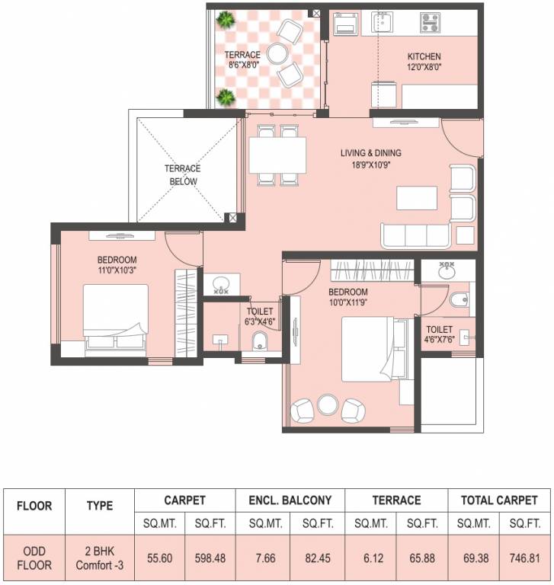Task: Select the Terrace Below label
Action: pos(182,175)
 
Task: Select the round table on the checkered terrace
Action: pos(277,53)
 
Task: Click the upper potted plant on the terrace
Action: pos(225,19)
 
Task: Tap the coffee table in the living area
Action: pos(416,197)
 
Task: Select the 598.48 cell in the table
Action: pos(210,557)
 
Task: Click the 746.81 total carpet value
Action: pos(524,557)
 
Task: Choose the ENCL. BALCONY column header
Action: pos(290,500)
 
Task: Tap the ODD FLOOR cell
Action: pos(34,557)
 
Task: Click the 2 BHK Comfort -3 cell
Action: pos(100,557)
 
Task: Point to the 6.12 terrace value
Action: pos(370,557)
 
